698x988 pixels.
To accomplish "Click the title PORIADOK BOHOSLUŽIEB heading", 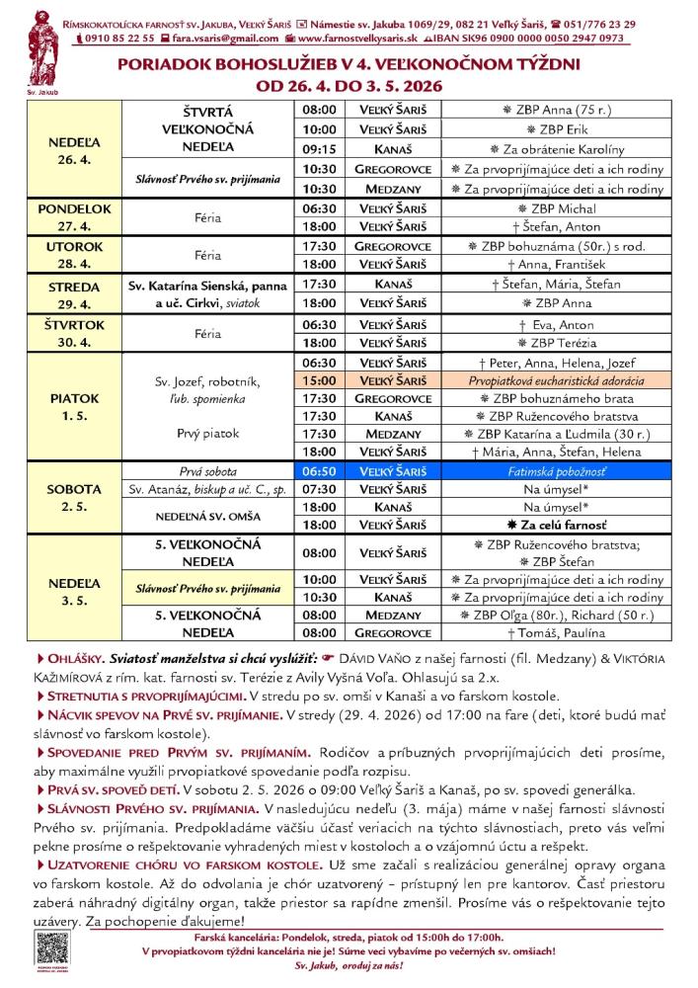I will (349, 64).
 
